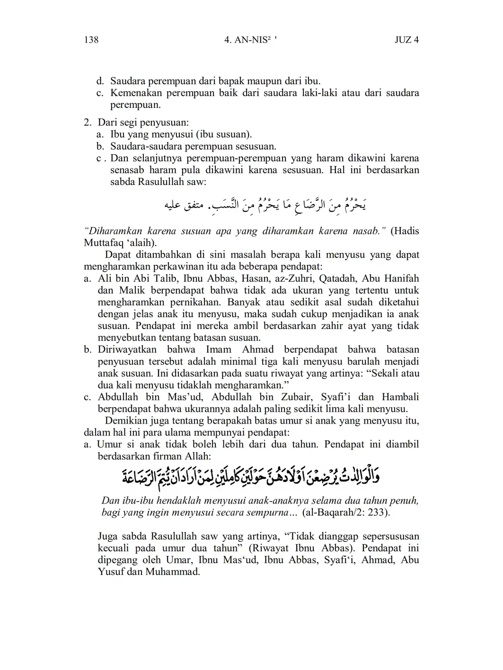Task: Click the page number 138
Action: [x=91, y=40]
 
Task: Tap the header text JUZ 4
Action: [x=406, y=40]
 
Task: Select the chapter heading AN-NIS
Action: [x=249, y=40]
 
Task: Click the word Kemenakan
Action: [x=137, y=93]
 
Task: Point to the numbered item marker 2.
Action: [x=87, y=122]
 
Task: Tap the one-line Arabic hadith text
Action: [x=265, y=205]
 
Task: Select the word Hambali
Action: [x=400, y=397]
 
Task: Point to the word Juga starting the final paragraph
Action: [x=108, y=536]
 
